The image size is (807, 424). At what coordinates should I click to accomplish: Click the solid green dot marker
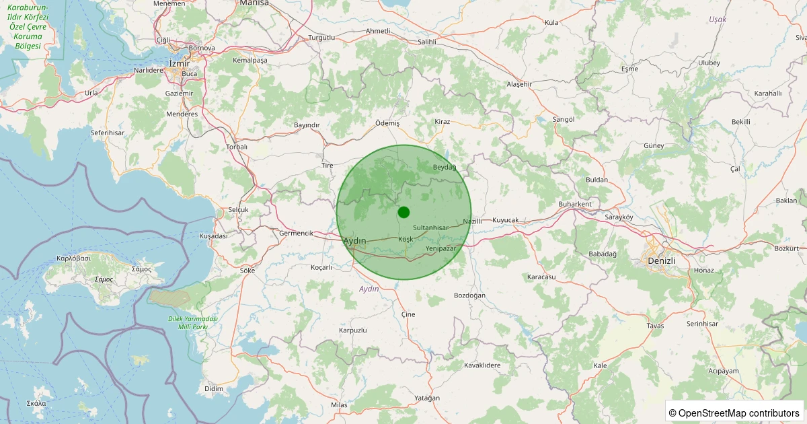click(403, 212)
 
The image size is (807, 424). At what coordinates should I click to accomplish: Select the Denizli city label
click(660, 260)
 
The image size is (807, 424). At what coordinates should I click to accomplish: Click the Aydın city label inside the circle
click(354, 240)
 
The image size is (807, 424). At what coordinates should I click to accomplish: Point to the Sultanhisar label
click(430, 228)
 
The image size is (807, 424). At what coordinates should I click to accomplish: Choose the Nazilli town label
click(473, 221)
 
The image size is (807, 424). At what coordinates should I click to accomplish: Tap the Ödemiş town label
click(387, 123)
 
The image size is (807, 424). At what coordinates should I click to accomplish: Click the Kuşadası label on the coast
click(214, 236)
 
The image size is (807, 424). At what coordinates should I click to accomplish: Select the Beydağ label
click(445, 167)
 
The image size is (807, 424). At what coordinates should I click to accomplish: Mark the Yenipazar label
click(441, 249)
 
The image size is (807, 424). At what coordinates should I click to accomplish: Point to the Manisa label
click(254, 3)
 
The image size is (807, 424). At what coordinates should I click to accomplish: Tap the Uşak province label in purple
click(718, 20)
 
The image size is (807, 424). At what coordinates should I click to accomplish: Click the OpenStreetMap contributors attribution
click(735, 413)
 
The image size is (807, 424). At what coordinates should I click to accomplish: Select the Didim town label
click(213, 389)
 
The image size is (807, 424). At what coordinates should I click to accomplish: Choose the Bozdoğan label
click(469, 295)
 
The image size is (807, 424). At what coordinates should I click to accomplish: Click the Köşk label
click(406, 240)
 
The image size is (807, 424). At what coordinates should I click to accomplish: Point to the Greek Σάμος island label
click(104, 279)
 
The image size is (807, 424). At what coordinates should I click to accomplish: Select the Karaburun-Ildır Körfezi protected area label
click(28, 26)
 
